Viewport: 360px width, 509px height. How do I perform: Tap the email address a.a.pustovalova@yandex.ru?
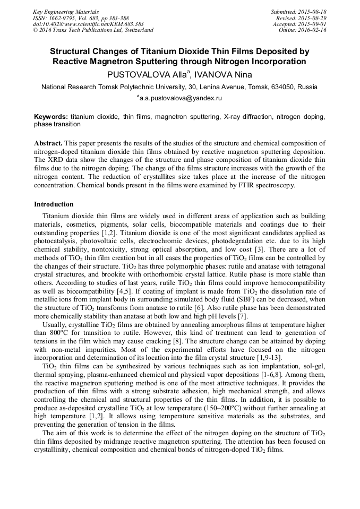point(180,98)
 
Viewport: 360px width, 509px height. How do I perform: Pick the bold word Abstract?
point(48,144)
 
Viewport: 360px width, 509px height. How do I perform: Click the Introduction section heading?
point(54,204)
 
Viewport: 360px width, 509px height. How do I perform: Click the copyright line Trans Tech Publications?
point(93,30)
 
